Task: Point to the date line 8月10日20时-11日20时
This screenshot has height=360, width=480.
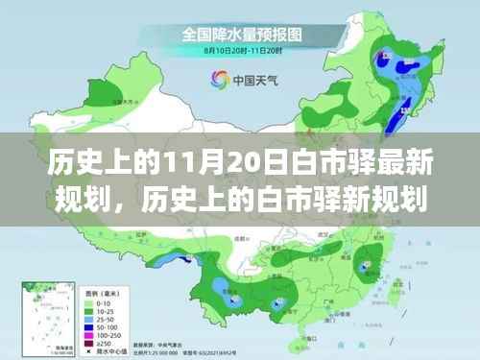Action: click(240, 50)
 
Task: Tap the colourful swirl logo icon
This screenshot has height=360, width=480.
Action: click(210, 80)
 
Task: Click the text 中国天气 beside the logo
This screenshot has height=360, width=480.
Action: click(247, 81)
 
